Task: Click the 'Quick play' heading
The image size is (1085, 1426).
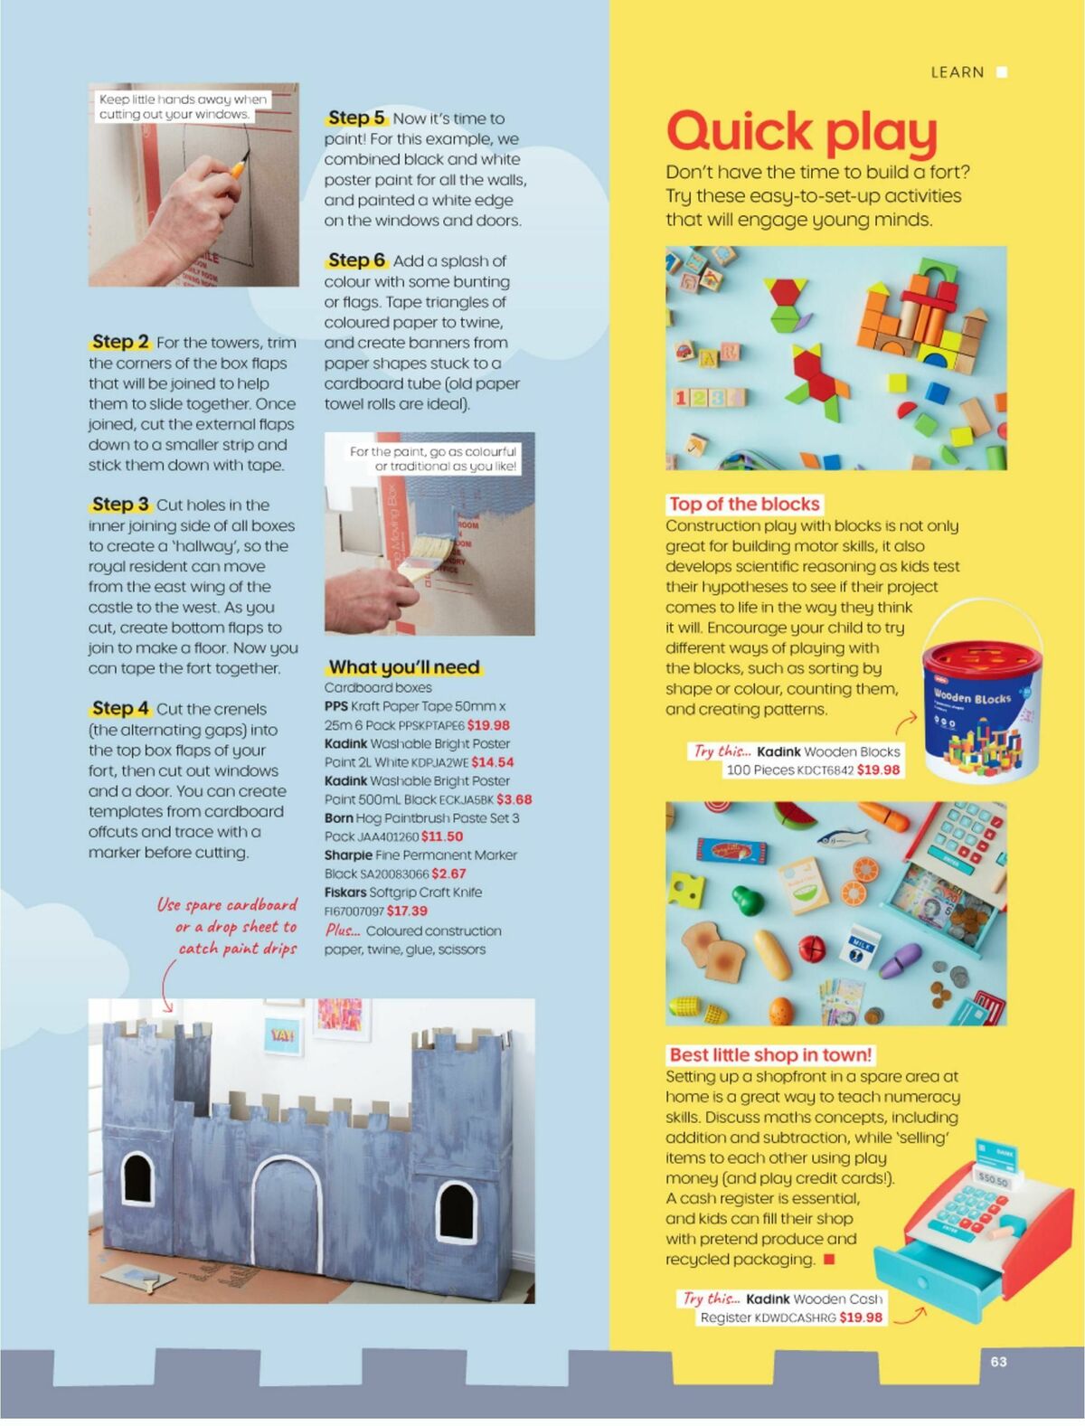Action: pos(801,132)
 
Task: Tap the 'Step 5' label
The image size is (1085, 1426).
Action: pos(356,118)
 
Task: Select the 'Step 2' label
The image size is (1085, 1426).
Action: pos(120,342)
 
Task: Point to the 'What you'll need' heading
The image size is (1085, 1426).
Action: pos(404,667)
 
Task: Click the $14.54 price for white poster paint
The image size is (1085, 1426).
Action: pos(492,762)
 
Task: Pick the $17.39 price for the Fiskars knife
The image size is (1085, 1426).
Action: pos(407,911)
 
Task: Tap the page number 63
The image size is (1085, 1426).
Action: pos(998,1361)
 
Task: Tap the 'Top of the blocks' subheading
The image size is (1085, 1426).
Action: pos(744,505)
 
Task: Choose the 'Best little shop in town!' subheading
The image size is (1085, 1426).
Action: pos(770,1054)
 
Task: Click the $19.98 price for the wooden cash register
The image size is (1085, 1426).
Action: pos(860,1317)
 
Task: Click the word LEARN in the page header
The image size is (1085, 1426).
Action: pos(957,72)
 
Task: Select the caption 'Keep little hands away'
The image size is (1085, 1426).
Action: pos(183,107)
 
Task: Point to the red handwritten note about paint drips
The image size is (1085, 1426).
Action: pos(228,927)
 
